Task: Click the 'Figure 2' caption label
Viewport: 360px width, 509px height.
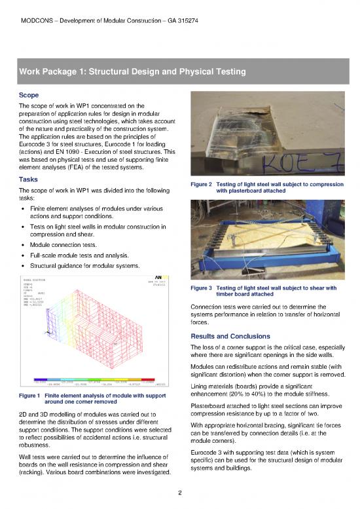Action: (199, 185)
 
